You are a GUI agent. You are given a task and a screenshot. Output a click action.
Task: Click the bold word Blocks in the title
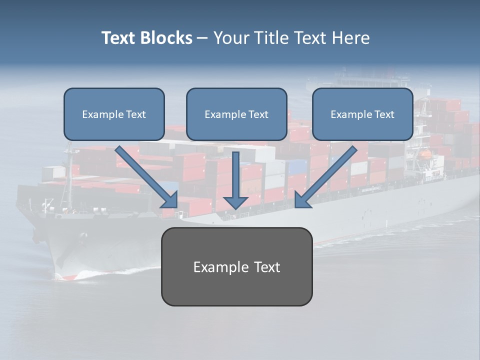click(167, 38)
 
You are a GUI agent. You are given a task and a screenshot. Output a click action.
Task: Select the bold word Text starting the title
click(120, 38)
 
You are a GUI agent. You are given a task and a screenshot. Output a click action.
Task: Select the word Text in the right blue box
click(384, 114)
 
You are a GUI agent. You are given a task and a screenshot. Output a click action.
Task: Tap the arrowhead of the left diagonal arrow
click(170, 200)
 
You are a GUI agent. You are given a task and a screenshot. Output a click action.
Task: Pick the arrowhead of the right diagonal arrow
click(302, 200)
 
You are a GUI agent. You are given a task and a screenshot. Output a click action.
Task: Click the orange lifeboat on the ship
click(425, 154)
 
